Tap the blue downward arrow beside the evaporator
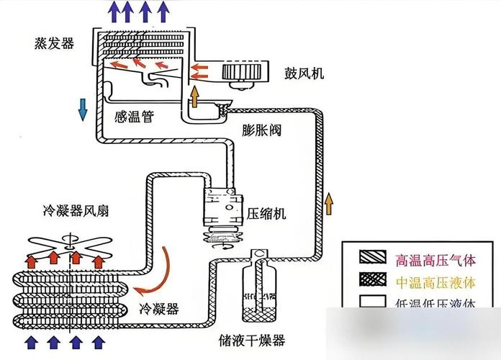[x=83, y=108]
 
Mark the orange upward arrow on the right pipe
[x=330, y=203]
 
